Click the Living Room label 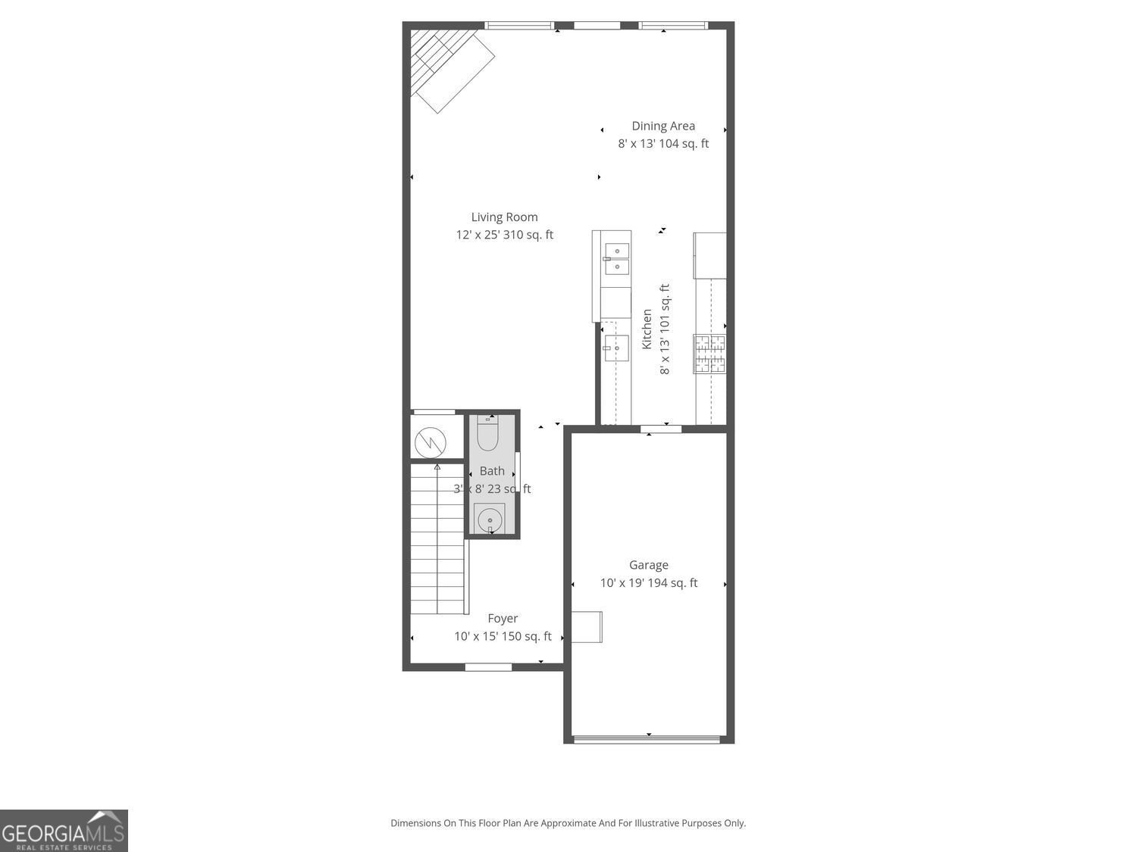(x=504, y=217)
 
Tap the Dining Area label (x=663, y=126)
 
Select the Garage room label (x=648, y=565)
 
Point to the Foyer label (x=503, y=619)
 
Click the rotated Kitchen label (x=647, y=329)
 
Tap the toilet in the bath (x=487, y=434)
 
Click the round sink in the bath (x=490, y=520)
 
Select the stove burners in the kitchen (x=709, y=354)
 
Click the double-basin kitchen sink (x=616, y=258)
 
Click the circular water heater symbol (x=430, y=441)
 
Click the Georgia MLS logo (x=64, y=831)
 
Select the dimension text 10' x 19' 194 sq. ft (x=649, y=583)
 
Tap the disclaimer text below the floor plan (x=568, y=823)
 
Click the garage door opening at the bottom (x=647, y=739)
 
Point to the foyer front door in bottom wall (x=488, y=667)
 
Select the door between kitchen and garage (x=661, y=429)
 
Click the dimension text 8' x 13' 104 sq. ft (x=663, y=144)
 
